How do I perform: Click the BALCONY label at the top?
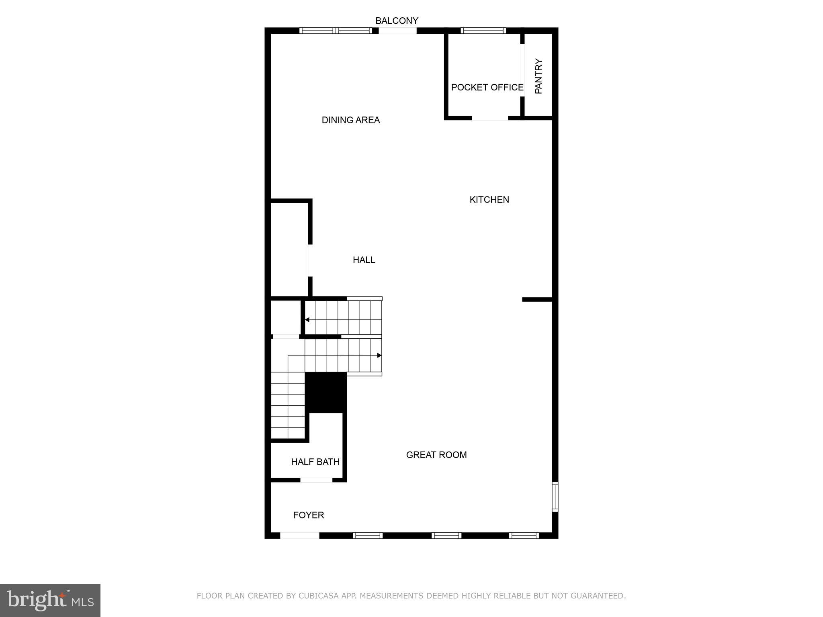[397, 20]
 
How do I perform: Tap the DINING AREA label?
[350, 120]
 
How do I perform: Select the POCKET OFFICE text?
[487, 88]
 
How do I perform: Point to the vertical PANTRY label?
[538, 76]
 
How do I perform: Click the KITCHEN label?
[489, 200]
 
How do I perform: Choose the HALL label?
[364, 260]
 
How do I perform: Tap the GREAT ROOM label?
[436, 455]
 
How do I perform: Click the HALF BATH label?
[315, 462]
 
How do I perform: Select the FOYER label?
[308, 515]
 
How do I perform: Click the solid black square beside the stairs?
[326, 392]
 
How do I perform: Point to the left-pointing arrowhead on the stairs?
[307, 320]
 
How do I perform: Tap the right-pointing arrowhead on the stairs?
[379, 355]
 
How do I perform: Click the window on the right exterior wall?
[555, 496]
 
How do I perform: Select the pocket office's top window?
[483, 31]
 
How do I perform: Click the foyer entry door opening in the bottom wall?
[299, 535]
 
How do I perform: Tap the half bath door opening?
[316, 480]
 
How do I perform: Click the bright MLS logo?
[50, 601]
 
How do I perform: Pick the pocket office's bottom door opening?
[490, 118]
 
